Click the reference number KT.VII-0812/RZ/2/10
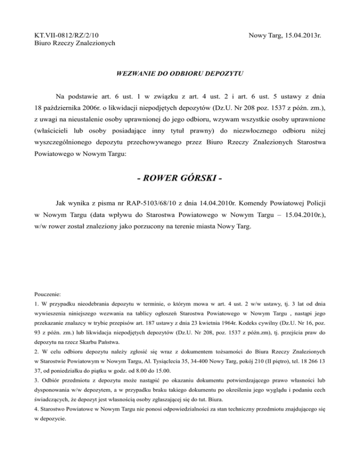click(x=69, y=35)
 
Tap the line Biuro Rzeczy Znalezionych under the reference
click(x=75, y=43)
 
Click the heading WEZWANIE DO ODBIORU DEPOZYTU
click(x=180, y=74)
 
